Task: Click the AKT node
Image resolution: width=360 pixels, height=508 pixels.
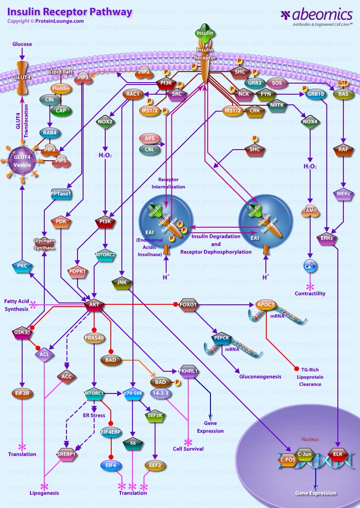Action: click(95, 305)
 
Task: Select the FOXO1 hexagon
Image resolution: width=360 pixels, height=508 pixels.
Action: click(188, 305)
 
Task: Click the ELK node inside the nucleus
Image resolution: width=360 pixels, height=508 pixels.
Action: click(338, 455)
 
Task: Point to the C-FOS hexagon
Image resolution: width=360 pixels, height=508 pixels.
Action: click(288, 459)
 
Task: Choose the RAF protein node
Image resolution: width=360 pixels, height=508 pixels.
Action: click(342, 150)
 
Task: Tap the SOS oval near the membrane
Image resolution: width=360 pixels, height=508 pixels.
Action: click(276, 83)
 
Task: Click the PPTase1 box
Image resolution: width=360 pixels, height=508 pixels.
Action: click(61, 194)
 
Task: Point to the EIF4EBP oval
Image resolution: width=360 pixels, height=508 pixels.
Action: click(111, 432)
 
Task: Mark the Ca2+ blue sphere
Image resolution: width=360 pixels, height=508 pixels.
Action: click(310, 266)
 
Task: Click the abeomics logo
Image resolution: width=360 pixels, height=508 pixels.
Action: click(318, 16)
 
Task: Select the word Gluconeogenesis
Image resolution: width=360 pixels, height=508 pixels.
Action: click(260, 376)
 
